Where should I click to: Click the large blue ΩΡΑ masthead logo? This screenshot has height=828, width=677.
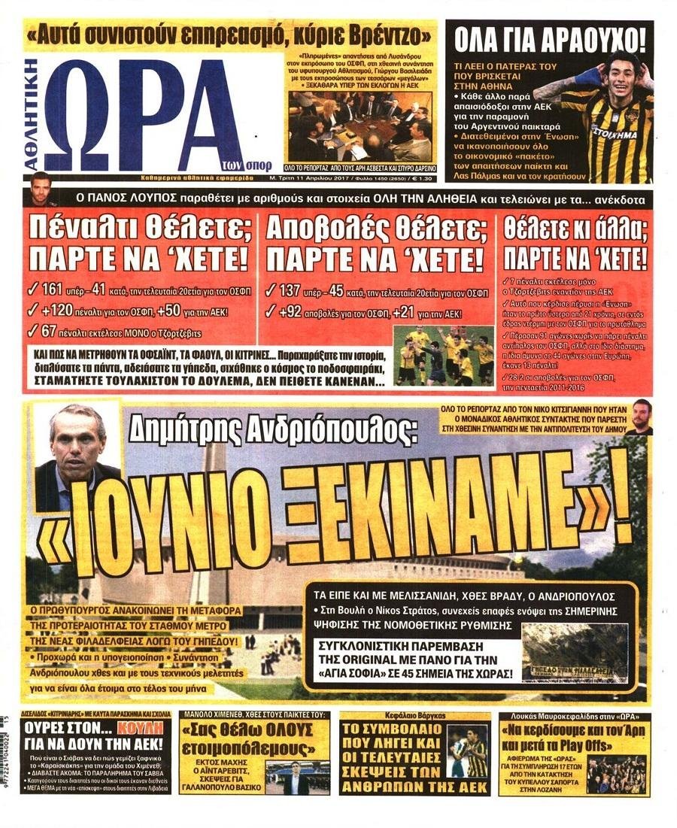point(143,113)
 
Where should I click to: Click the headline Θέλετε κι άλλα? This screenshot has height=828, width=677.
point(575,224)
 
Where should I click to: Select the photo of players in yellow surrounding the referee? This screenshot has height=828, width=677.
point(444,355)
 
